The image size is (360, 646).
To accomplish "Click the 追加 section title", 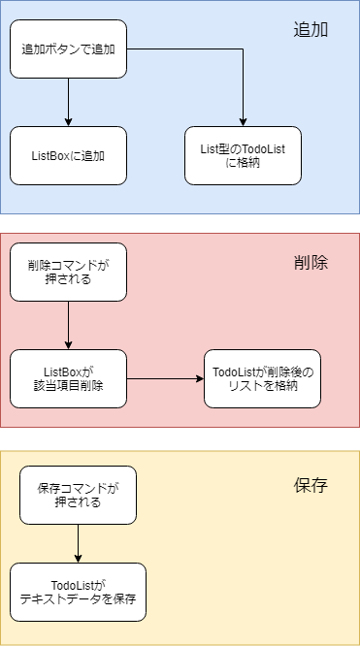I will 311,29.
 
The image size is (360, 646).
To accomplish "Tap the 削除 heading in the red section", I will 311,262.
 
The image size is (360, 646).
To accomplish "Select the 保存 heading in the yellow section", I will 311,485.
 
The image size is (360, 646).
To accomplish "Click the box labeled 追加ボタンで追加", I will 68,48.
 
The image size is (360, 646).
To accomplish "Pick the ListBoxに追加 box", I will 68,155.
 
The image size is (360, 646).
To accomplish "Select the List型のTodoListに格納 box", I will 243,155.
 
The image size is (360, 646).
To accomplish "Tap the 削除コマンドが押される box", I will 68,272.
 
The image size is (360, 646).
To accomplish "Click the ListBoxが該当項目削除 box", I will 68,378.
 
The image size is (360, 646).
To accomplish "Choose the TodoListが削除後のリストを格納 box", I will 262,378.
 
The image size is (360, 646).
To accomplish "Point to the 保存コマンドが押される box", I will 78,495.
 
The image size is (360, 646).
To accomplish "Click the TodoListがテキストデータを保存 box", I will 78,592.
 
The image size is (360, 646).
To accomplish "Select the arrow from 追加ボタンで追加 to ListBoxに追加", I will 68,102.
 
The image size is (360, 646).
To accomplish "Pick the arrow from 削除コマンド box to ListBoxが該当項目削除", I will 68,325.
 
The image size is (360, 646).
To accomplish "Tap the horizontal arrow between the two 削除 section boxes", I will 165,378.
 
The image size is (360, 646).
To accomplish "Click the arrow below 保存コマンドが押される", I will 78,543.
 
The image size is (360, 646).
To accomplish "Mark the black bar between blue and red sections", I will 180,223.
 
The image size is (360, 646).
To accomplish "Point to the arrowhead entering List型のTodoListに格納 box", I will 243,121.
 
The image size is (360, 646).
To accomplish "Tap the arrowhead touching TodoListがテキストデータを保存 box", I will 78,558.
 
